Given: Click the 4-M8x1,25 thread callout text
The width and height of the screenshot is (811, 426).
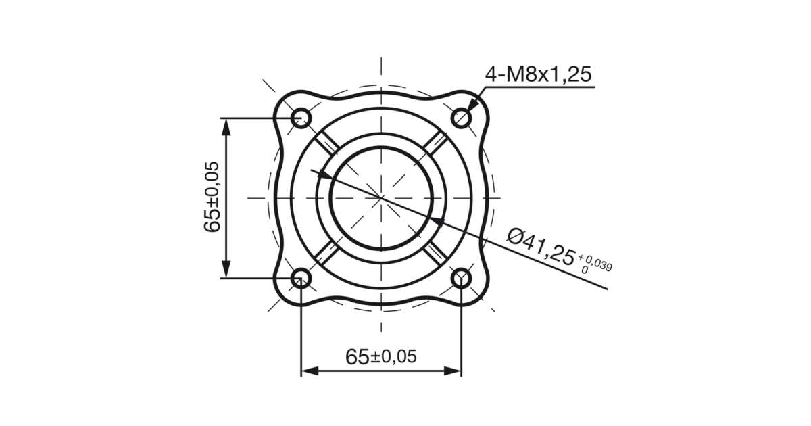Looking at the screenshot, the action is point(538,74).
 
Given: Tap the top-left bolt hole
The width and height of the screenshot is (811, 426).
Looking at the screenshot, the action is point(301,118).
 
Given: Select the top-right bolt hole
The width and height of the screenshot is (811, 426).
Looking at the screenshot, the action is point(461,118).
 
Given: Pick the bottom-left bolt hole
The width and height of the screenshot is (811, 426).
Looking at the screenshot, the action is point(301,278).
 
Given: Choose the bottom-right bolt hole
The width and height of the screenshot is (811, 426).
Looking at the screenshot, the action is point(461,278).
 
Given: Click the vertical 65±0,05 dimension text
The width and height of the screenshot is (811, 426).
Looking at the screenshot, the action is point(212,197).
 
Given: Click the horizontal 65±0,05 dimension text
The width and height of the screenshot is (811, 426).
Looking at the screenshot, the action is point(381,356).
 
